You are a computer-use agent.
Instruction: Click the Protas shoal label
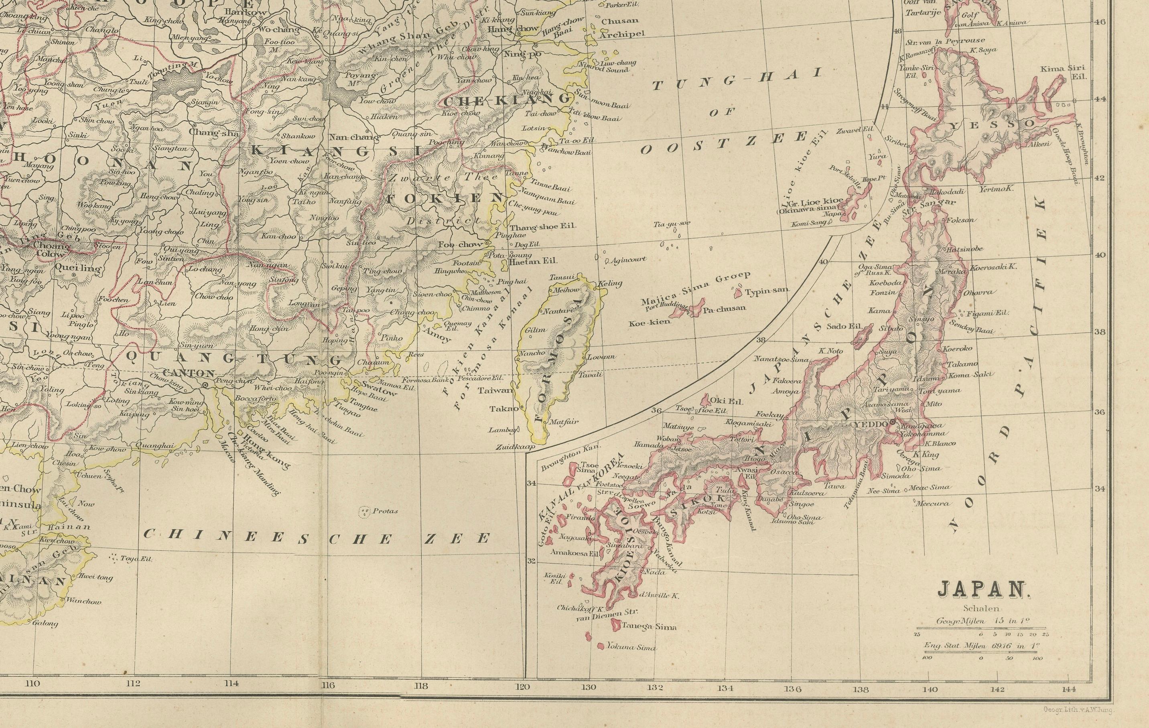385,511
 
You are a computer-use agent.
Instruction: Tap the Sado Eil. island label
840,327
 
